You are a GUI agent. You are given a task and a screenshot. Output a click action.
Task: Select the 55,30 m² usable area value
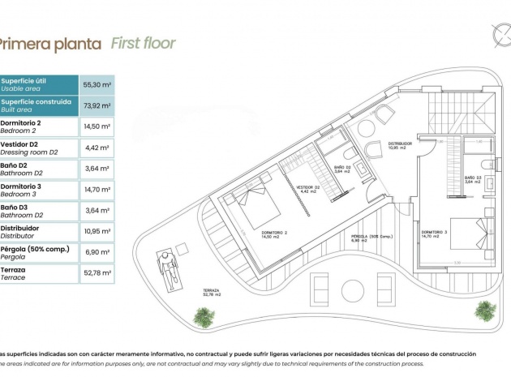tap(97, 84)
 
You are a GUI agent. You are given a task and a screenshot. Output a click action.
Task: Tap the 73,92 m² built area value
tap(97, 105)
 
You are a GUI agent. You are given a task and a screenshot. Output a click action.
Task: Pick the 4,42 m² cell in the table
tap(97, 148)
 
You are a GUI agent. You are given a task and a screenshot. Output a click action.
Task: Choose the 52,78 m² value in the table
tap(97, 273)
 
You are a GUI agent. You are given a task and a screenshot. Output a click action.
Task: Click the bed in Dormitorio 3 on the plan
tap(470, 236)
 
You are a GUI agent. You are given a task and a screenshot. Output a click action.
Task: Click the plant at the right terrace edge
tap(486, 310)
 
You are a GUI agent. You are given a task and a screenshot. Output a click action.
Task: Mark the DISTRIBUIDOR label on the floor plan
tap(400, 145)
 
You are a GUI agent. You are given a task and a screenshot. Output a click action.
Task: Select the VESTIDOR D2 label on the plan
tap(307, 188)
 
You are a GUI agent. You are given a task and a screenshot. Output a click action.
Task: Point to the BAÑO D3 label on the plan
tap(473, 179)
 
